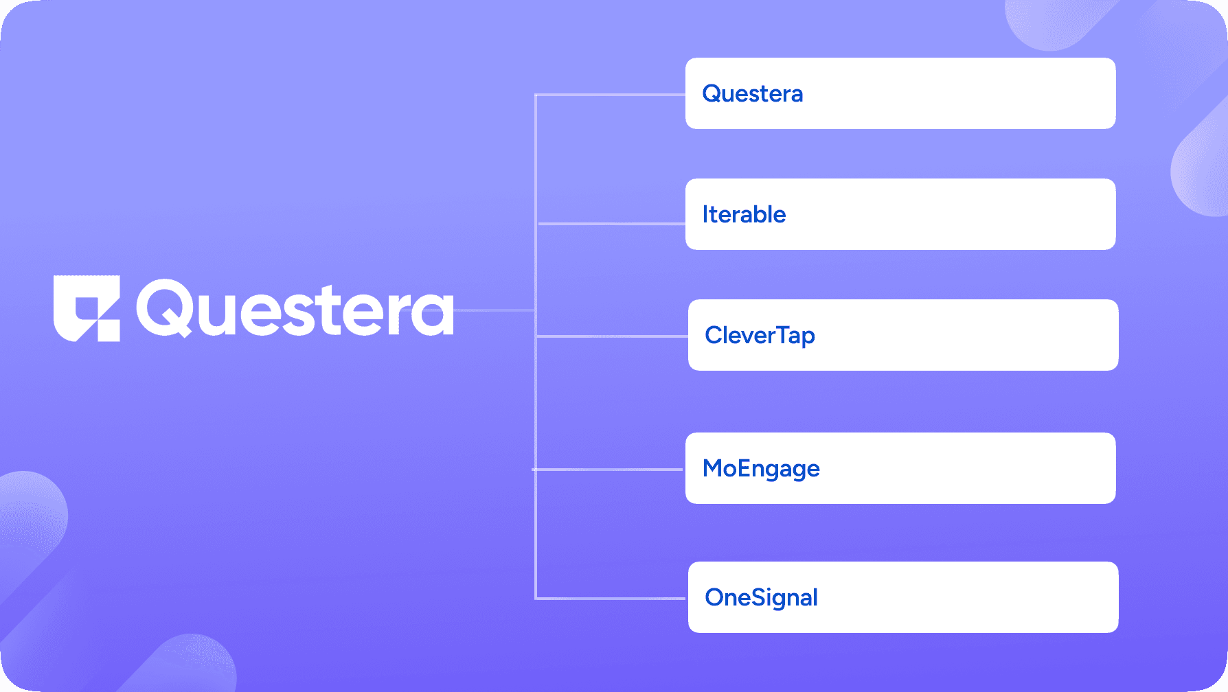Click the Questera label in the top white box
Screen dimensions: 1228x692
(752, 94)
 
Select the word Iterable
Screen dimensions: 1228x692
(744, 215)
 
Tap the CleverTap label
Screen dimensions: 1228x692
(760, 336)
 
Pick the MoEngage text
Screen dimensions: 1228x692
(761, 469)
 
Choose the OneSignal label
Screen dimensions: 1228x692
(761, 598)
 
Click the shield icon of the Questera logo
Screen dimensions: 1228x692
(87, 308)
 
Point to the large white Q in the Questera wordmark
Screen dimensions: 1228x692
(166, 308)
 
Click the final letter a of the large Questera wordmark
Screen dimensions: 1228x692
(433, 314)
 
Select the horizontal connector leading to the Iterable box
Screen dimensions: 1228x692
(611, 224)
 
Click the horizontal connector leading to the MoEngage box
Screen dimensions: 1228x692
(608, 470)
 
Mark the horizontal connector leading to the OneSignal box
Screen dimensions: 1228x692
(611, 599)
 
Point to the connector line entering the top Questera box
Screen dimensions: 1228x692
(610, 95)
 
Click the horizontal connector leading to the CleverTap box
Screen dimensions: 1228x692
(612, 336)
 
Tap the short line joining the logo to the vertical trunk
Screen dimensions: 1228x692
(494, 310)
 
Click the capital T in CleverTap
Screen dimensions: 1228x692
(784, 334)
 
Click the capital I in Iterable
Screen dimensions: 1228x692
(705, 215)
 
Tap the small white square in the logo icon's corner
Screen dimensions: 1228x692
(109, 330)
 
